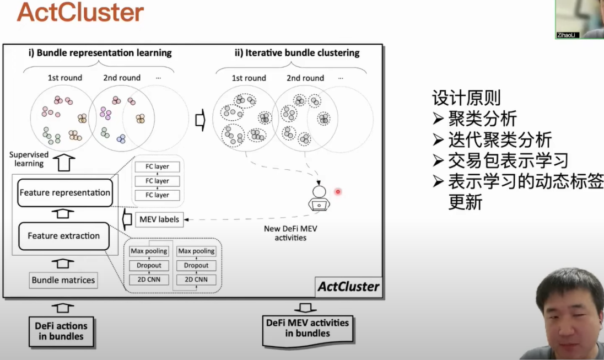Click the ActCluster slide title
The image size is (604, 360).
click(80, 12)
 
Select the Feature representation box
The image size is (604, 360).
click(64, 193)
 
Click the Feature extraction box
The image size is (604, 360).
click(64, 236)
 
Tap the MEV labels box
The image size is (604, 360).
click(159, 219)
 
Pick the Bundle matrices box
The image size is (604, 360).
click(63, 280)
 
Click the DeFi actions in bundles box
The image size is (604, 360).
click(62, 331)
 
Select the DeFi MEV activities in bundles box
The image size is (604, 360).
click(308, 328)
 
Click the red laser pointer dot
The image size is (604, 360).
click(338, 192)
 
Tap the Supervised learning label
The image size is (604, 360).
click(29, 159)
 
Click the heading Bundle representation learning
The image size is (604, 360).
click(100, 53)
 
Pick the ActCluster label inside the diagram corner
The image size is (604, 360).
click(348, 287)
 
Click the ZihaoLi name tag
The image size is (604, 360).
click(568, 35)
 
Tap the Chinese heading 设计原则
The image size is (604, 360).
click(466, 98)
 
